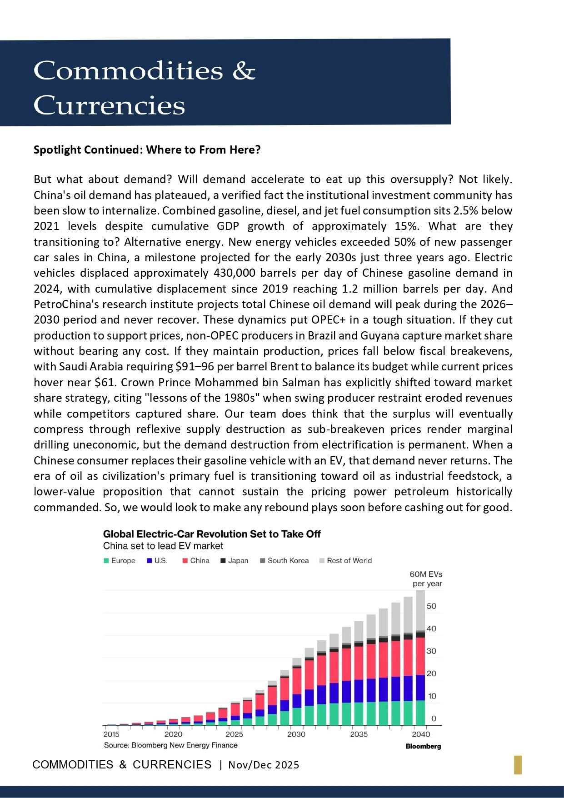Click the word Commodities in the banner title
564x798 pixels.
click(x=128, y=71)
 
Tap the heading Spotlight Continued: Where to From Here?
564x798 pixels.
click(x=147, y=150)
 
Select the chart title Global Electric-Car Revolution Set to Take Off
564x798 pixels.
click(x=212, y=534)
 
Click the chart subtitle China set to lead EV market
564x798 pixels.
click(x=163, y=546)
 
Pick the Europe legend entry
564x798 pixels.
click(x=120, y=560)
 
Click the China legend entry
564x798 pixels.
click(x=196, y=560)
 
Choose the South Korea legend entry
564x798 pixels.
click(x=284, y=560)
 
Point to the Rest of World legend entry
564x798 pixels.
click(x=346, y=560)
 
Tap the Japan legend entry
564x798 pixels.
click(x=235, y=560)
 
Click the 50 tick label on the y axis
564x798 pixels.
click(x=431, y=606)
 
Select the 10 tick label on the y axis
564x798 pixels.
click(x=432, y=696)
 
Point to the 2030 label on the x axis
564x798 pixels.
click(x=296, y=734)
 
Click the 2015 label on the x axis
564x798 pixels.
click(x=111, y=734)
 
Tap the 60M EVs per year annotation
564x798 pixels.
click(x=426, y=579)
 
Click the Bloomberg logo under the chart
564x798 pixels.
click(x=423, y=746)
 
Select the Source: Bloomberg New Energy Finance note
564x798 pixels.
click(x=170, y=745)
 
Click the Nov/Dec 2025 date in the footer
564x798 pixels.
click(x=264, y=765)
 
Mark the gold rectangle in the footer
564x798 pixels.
click(x=518, y=765)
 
